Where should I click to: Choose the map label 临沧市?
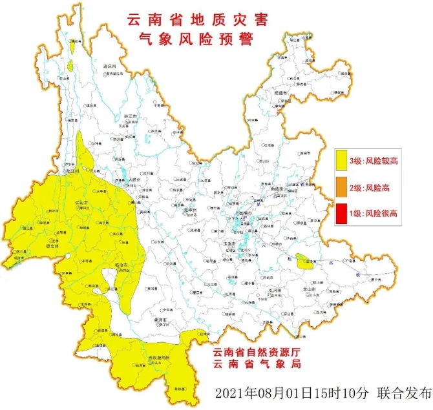pyautogui.click(x=121, y=265)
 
